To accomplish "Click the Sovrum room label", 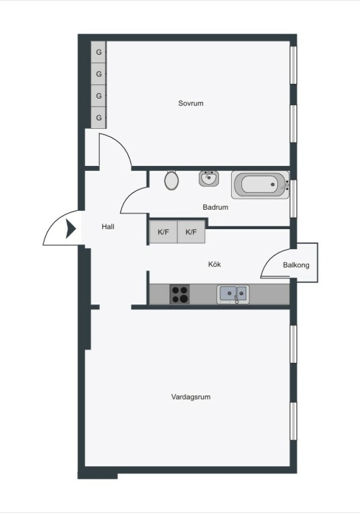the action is (191, 103).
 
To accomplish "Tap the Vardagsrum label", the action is (191, 397).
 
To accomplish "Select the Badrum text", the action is (215, 207).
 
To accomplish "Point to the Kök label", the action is (215, 264).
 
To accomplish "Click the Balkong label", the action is (296, 265).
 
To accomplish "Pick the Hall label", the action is (108, 226).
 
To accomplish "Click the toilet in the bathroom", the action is (171, 180).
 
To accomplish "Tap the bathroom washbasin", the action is (209, 178).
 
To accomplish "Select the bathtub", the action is (260, 185).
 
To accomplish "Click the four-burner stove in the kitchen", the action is (180, 294).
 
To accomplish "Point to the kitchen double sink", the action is (233, 294).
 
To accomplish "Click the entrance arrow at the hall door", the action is (71, 229).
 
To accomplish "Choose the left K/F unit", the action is (163, 232).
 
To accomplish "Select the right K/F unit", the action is (191, 232).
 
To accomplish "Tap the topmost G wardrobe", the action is (98, 52).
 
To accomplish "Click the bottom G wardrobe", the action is (98, 117).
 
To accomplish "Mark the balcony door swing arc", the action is (269, 257).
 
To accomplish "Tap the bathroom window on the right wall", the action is (293, 198).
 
